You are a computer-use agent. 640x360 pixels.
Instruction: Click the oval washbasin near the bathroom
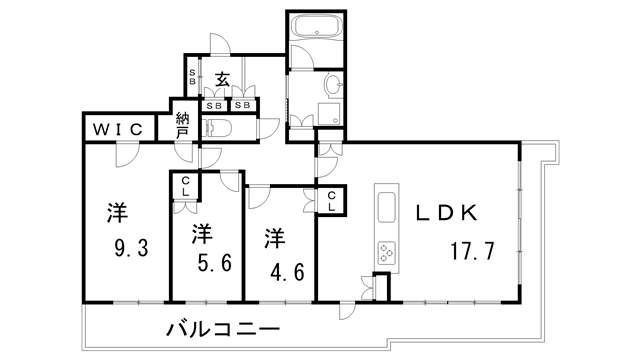coord(332,84)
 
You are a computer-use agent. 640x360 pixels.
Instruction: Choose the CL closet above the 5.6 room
coord(186,186)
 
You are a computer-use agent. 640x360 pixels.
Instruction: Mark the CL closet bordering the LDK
coord(332,200)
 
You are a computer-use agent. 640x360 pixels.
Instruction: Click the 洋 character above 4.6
coord(275,237)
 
